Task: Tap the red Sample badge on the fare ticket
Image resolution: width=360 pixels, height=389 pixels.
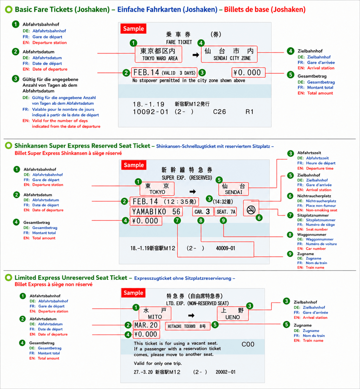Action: (x=133, y=29)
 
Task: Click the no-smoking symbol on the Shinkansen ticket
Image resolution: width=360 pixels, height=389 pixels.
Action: (x=251, y=210)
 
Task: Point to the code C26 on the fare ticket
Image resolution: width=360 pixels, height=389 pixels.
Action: (x=220, y=112)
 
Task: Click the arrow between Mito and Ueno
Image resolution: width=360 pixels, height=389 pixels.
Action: (x=191, y=315)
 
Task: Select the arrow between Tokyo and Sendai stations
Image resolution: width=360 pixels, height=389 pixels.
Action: (x=193, y=191)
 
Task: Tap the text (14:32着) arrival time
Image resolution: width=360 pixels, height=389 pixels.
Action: (x=223, y=202)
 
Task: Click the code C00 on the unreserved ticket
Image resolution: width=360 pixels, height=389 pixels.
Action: (x=248, y=344)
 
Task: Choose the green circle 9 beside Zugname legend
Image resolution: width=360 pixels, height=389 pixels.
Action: (x=290, y=254)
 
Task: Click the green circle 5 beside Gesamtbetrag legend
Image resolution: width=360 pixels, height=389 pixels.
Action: (x=291, y=75)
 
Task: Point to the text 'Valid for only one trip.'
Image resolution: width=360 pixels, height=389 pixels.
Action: (x=158, y=363)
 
